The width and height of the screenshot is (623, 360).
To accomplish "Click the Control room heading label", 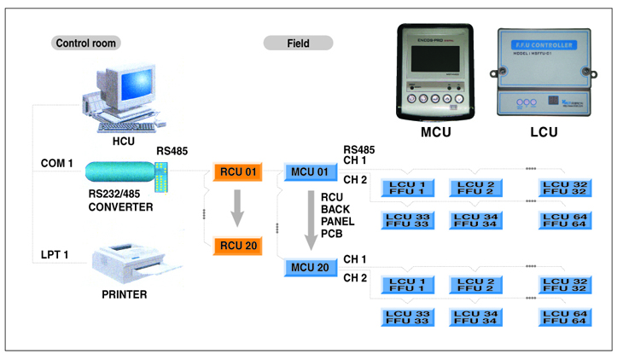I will pos(85,43).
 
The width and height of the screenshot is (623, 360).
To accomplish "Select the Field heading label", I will pos(298,43).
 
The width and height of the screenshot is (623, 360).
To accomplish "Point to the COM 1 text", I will pos(58,163).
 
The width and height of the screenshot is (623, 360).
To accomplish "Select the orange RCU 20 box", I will pos(237,247).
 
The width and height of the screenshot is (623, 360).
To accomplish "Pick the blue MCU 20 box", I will pos(310,268).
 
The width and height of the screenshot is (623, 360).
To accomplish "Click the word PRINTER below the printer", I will pos(123,295).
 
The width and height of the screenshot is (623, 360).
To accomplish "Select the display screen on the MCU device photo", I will pos(434,67).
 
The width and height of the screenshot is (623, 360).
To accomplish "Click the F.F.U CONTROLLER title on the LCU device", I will pos(545,43).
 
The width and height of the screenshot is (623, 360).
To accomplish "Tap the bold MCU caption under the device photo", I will pos(435,133).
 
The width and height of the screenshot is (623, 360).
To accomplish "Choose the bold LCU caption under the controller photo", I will pos(546,133).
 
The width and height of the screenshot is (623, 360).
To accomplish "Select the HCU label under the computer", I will pos(124,140).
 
